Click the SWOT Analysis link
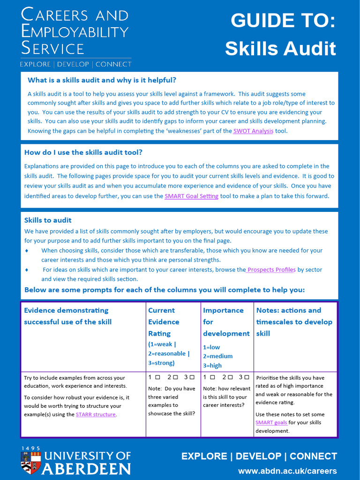pos(253,131)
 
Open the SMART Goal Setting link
pos(191,196)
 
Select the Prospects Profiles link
pos(271,270)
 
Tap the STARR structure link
pos(96,415)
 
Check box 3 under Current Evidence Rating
pos(192,377)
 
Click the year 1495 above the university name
pos(31,449)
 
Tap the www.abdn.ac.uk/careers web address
pos(287,471)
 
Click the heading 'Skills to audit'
pos(48,220)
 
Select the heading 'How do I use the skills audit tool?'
pos(83,152)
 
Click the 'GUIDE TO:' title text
pos(283,21)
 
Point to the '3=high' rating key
pos(212,366)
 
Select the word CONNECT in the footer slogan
pos(313,457)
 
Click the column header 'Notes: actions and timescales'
pos(294,316)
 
